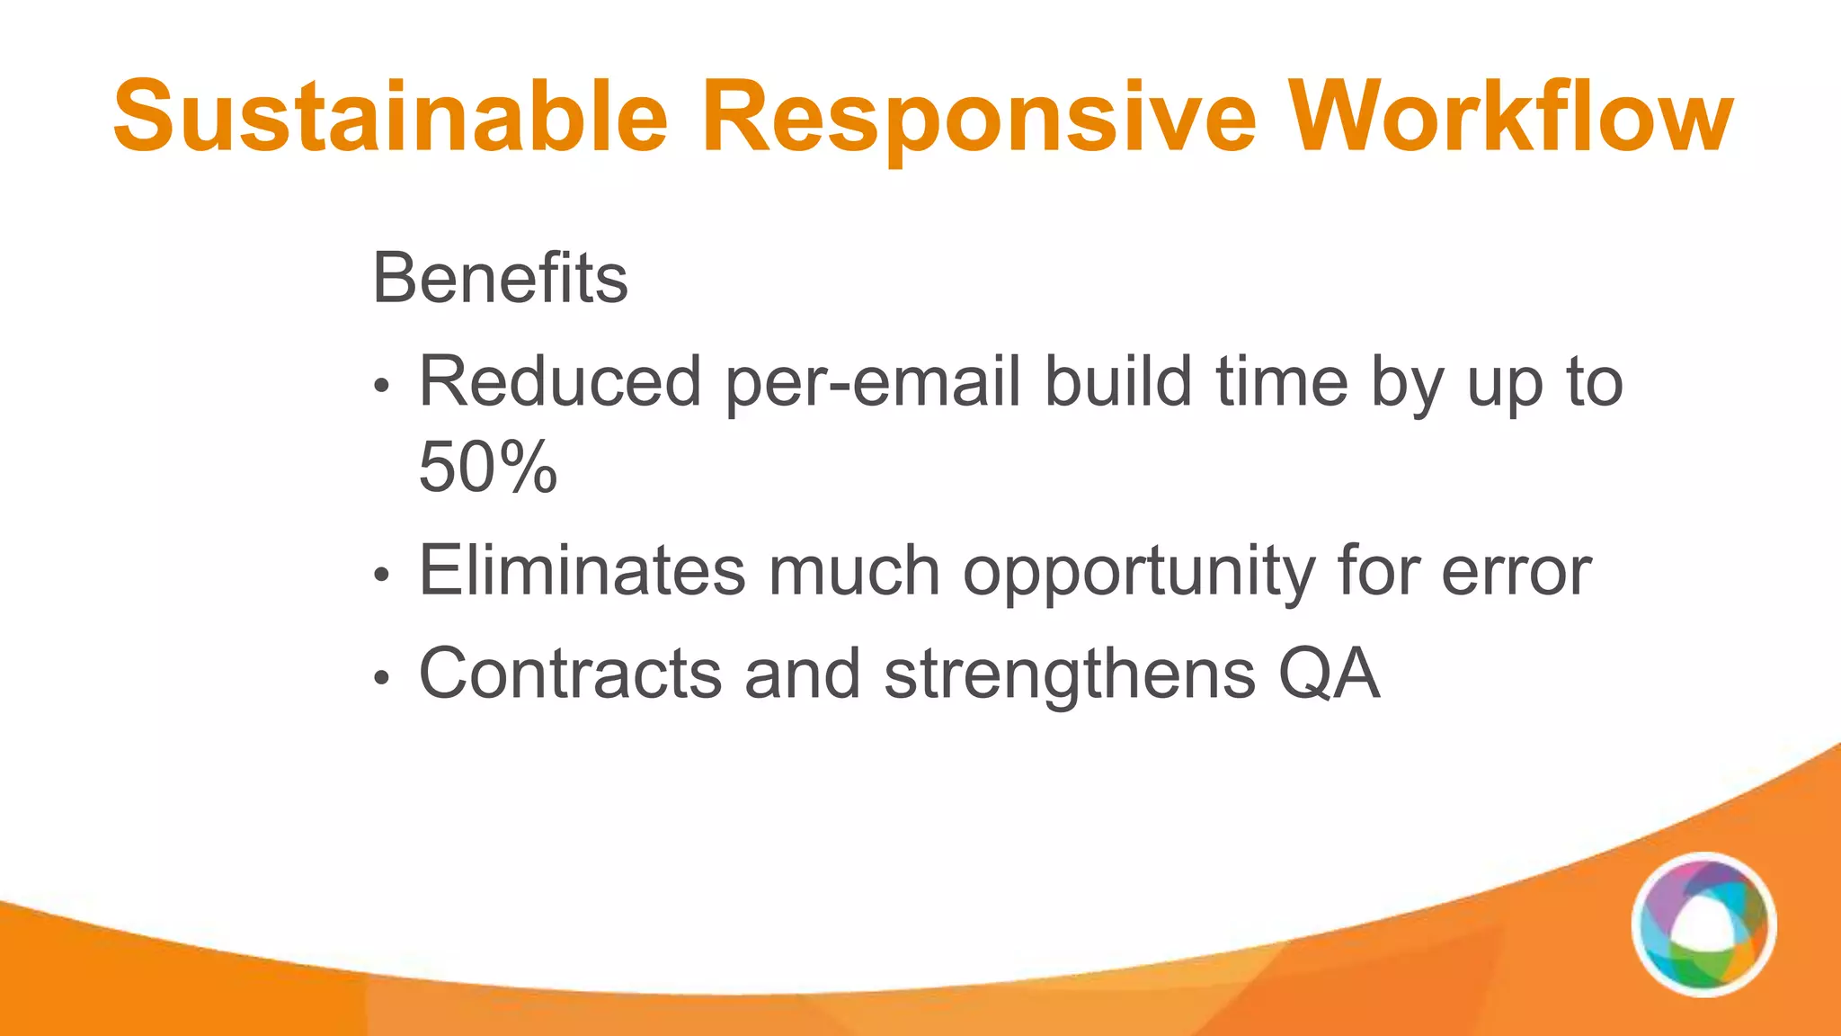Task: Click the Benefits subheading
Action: coord(500,279)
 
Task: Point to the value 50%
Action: coord(488,468)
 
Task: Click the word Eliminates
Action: coord(582,570)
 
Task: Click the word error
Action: coord(1516,572)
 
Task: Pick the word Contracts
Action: coord(570,674)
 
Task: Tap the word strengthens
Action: coord(1070,675)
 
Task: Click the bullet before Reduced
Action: coord(382,387)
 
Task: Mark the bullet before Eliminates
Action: coord(382,576)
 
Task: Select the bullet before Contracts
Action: coord(382,679)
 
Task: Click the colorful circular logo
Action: coord(1703,924)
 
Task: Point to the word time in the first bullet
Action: coord(1282,381)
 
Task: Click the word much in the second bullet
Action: coord(854,570)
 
